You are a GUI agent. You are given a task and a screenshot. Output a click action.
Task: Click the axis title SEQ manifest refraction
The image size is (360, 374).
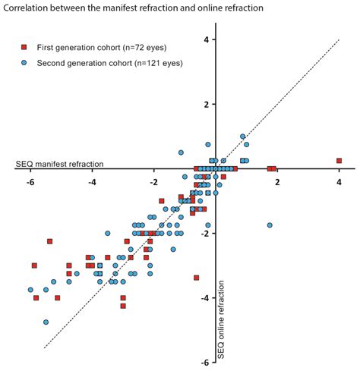click(x=59, y=164)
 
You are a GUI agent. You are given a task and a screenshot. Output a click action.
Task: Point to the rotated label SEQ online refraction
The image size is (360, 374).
click(x=222, y=318)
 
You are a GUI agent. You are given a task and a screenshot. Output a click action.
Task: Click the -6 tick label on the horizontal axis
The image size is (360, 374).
click(x=30, y=182)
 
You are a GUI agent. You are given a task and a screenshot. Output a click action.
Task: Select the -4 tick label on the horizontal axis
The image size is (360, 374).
click(x=92, y=182)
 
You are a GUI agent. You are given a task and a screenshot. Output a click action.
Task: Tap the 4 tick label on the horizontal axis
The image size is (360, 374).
click(x=339, y=182)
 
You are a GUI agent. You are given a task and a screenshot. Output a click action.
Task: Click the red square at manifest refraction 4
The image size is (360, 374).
click(x=339, y=161)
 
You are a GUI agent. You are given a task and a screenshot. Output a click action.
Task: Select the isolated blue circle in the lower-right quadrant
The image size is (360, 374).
click(x=270, y=225)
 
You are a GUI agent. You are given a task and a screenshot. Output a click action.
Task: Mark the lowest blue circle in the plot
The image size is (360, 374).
click(x=46, y=322)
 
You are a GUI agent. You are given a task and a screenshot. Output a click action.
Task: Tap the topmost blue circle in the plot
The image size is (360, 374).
click(x=243, y=137)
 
